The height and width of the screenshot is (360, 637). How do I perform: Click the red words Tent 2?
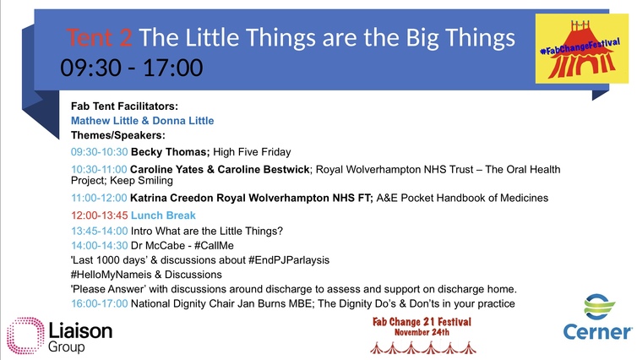[x=99, y=37]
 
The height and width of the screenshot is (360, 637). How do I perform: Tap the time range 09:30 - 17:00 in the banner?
[x=132, y=68]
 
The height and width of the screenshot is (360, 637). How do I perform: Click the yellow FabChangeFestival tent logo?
[x=582, y=49]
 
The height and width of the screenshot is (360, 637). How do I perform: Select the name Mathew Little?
[x=105, y=121]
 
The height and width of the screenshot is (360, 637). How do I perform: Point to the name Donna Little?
[x=183, y=121]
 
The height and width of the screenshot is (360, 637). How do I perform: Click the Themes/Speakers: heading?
[x=118, y=135]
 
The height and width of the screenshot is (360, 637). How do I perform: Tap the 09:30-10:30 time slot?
[x=100, y=152]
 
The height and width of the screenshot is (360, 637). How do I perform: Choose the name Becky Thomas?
[x=169, y=152]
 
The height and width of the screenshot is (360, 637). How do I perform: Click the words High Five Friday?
[x=253, y=152]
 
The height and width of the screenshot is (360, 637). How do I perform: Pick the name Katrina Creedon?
[x=171, y=198]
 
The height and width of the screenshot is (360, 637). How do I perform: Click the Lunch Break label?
[x=163, y=215]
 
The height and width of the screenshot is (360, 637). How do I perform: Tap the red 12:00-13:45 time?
[x=100, y=215]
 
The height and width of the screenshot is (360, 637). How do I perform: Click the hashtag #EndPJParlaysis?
[x=289, y=260]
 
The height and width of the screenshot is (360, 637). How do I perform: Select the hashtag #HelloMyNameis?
[x=111, y=275]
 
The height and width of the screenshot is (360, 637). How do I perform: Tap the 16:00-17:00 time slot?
[x=100, y=303]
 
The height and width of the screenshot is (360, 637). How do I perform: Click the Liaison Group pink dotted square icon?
[x=25, y=335]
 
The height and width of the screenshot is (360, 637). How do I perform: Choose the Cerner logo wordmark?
[x=597, y=331]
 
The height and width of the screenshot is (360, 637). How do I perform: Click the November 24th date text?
[x=422, y=332]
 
